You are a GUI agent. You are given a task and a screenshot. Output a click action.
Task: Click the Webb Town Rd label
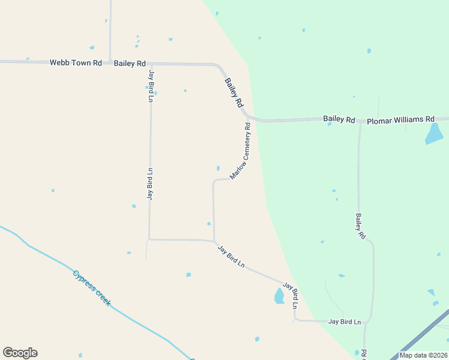coord(76,62)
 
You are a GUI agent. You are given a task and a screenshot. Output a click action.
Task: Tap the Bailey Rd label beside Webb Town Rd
coord(130,63)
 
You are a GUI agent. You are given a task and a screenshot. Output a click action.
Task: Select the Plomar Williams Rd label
coord(400,119)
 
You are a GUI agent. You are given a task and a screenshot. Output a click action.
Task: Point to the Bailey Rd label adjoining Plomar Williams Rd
coord(339,119)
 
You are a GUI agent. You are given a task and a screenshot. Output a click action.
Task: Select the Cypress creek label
coord(92,288)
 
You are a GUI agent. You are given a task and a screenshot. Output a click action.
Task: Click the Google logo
coord(20,353)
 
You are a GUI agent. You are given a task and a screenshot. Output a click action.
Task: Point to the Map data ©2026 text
coord(423,355)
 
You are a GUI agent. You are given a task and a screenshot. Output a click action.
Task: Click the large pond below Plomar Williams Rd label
coord(434,134)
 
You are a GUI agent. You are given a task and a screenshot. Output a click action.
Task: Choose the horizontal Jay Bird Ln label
coord(345,322)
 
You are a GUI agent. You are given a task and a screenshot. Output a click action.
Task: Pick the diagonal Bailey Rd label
coord(234,92)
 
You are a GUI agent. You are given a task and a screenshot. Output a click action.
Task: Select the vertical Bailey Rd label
coord(360,227)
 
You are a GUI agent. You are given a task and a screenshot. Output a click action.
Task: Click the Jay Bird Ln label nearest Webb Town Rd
coord(151,86)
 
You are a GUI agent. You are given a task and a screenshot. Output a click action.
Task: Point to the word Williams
coord(412,119)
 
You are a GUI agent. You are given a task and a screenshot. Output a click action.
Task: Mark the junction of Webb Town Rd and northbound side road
coord(110,61)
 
